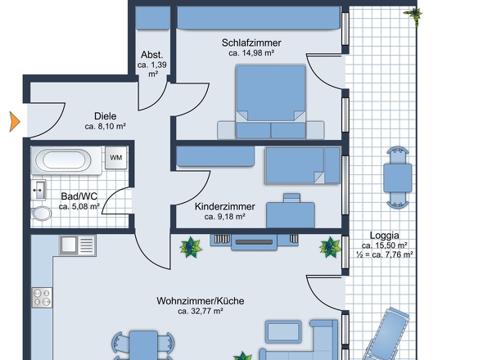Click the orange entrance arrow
tap(15, 122)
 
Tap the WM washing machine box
tap(116, 158)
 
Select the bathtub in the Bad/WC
tap(66, 160)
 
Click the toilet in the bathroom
tap(41, 213)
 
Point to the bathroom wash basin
tap(38, 190)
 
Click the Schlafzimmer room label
tap(251, 43)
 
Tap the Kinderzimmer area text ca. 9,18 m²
tap(225, 217)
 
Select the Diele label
tap(106, 116)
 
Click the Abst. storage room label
tap(152, 55)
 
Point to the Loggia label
tap(385, 236)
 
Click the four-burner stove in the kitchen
tap(42, 298)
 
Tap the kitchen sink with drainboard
tap(78, 245)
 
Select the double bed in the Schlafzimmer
tap(271, 101)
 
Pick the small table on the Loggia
tap(398, 178)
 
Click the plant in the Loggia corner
tap(413, 14)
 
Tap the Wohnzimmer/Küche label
tap(201, 301)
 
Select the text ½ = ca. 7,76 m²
tap(385, 254)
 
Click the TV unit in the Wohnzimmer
tap(254, 241)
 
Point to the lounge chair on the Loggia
tap(387, 334)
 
